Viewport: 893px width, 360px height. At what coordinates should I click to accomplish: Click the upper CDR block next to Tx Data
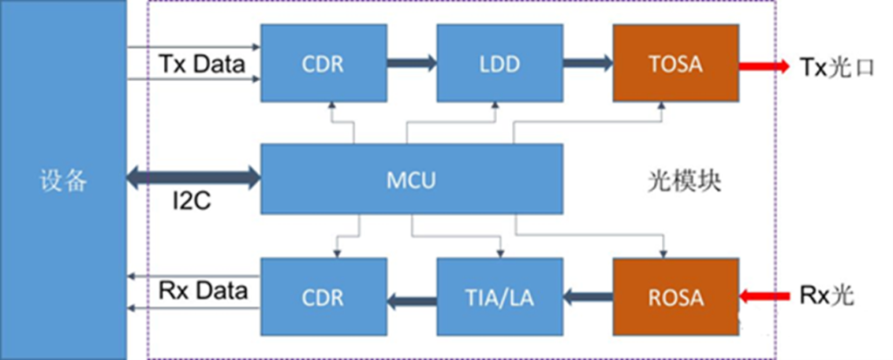324,64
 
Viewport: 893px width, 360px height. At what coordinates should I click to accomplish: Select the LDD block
500,64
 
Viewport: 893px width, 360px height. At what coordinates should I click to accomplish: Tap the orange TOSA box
675,64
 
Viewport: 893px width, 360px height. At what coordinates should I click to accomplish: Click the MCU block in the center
412,180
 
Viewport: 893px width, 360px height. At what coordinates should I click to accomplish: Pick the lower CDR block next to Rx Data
324,296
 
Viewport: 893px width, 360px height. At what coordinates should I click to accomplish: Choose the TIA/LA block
500,296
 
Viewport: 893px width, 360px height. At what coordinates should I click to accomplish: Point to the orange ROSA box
675,296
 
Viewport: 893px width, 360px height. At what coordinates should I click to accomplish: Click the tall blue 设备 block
63,180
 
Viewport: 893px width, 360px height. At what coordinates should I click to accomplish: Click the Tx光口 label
829,65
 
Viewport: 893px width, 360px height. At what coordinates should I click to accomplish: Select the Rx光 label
826,296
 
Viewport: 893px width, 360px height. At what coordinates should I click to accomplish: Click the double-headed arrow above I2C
194,180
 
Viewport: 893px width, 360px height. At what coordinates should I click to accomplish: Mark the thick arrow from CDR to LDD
412,64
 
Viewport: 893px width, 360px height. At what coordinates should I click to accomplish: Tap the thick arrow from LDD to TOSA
587,64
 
